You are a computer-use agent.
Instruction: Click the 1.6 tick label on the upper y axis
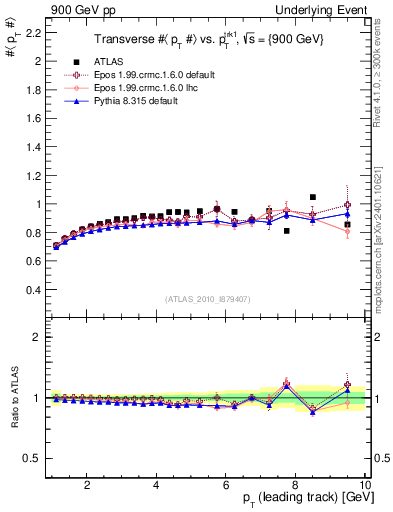tap(31, 118)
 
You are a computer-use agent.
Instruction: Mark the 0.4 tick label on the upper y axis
tap(31, 290)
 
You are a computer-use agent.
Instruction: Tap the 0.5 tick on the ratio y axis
tap(31, 459)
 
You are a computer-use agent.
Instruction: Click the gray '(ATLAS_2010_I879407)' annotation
tap(208, 298)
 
